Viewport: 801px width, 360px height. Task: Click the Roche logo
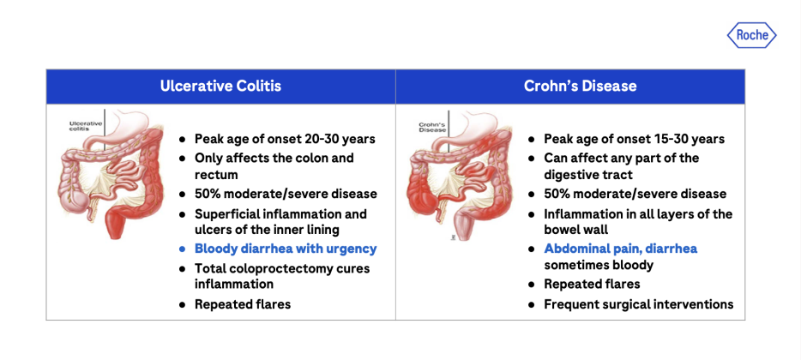coord(751,35)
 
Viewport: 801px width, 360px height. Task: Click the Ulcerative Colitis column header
coord(220,86)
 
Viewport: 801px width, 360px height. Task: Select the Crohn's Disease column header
coord(581,86)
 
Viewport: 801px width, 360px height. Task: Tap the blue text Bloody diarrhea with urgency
coord(286,249)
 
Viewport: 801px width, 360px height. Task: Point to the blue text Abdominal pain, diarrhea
coord(621,249)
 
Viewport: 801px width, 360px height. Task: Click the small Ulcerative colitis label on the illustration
coord(85,126)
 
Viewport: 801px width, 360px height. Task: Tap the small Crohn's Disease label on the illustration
coord(433,127)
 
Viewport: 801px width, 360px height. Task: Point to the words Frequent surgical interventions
coord(639,305)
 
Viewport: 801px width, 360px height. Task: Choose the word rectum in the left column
coord(216,175)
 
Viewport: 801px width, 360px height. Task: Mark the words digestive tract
coord(588,175)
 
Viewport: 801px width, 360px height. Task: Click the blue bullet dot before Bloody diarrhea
coord(183,249)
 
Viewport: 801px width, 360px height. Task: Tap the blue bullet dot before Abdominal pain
coord(532,249)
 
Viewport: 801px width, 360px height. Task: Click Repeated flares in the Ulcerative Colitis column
coord(243,305)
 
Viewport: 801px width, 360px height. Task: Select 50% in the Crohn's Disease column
coord(557,194)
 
